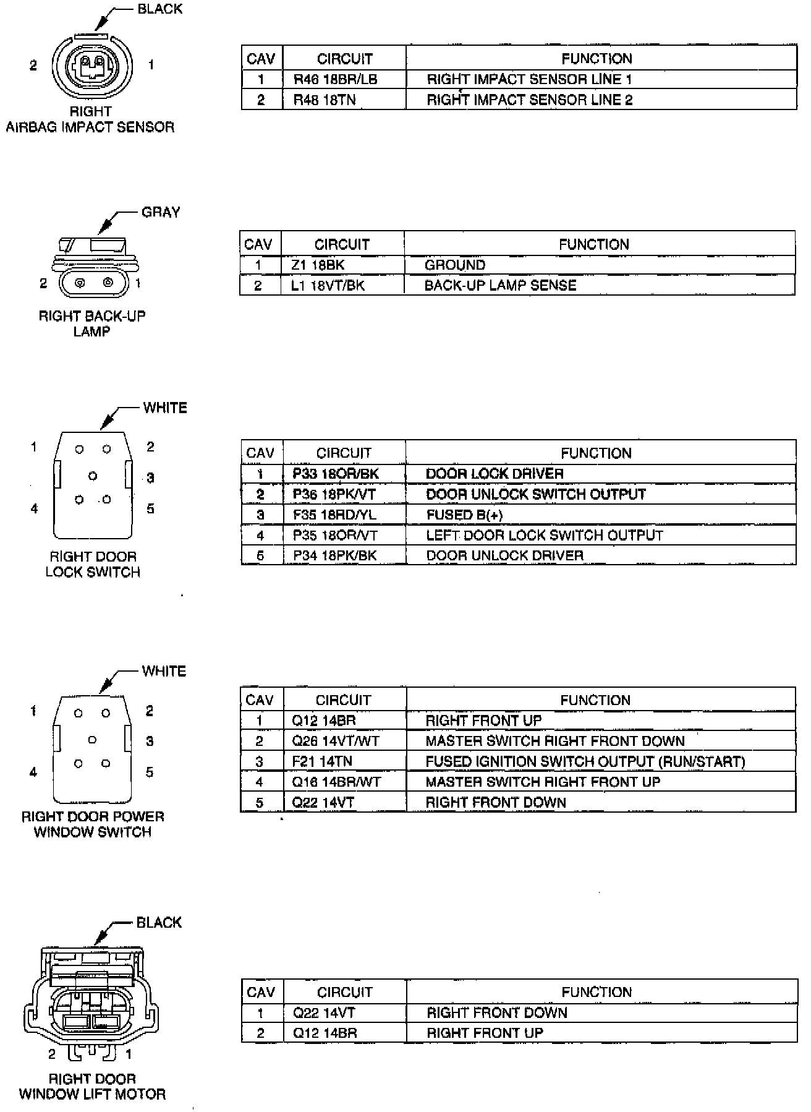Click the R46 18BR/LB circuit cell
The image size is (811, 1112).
[335, 80]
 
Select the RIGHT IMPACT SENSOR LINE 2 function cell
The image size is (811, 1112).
[529, 100]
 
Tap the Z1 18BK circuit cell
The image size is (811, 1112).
[318, 265]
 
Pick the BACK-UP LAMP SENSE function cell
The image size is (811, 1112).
[500, 286]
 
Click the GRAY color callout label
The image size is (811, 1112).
[161, 212]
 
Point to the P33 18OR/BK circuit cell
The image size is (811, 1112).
[335, 474]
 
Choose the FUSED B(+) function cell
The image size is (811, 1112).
[464, 515]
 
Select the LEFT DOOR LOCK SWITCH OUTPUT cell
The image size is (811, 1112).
[544, 536]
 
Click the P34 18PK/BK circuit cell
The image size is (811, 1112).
[334, 556]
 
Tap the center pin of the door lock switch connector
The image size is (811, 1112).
[93, 476]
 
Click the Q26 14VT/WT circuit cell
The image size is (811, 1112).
[335, 742]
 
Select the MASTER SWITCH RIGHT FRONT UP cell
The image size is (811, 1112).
[543, 782]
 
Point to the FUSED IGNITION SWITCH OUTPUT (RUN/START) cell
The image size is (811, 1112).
[585, 762]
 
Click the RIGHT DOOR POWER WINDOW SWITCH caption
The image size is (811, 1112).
[93, 824]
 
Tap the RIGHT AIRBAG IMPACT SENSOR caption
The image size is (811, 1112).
[90, 120]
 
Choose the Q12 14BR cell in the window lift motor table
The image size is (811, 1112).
[325, 1033]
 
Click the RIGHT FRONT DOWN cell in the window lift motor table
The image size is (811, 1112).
[496, 1013]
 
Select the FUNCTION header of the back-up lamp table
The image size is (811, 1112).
[593, 244]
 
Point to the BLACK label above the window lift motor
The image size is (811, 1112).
[159, 923]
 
